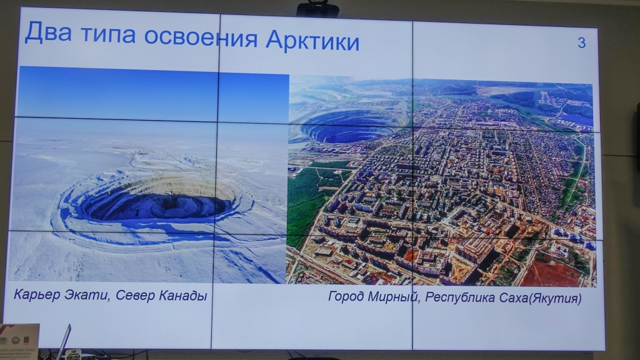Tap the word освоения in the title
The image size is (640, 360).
pos(201,37)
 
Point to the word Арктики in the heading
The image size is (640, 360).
pos(312,41)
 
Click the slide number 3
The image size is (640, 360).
pos(582,42)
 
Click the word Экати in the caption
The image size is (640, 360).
pos(87,295)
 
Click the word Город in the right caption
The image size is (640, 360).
pos(346,296)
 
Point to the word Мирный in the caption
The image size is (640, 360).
pos(394,297)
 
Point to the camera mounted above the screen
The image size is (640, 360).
pos(317,9)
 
